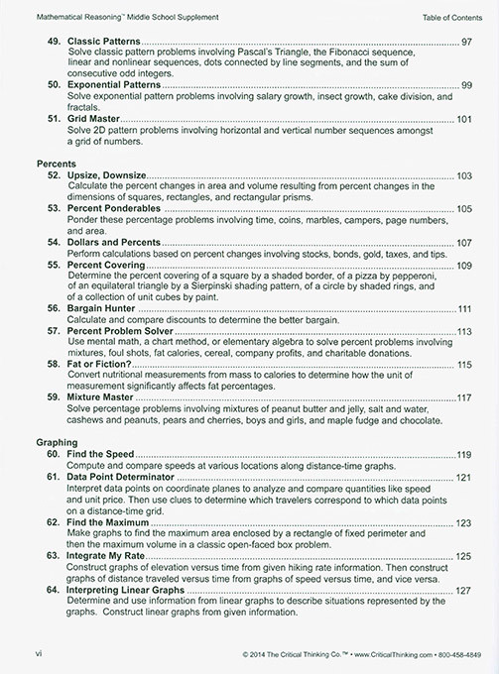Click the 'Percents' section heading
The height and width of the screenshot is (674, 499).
coord(55,161)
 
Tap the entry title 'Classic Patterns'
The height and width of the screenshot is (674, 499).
coord(108,42)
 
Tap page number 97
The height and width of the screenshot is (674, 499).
coord(466,42)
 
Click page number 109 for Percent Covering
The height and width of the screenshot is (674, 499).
coord(463,266)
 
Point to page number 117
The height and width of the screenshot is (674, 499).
coord(463,398)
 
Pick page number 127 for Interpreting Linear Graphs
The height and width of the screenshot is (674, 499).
coord(463,591)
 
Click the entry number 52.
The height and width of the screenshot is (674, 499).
coord(55,175)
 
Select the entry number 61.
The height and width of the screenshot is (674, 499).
coord(55,478)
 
